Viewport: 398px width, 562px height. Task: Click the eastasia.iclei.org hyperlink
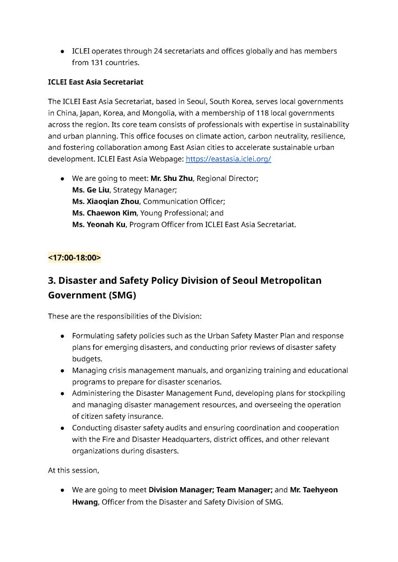[228, 159]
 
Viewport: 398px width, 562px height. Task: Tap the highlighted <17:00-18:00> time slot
[74, 258]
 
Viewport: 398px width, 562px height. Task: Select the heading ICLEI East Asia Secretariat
[96, 82]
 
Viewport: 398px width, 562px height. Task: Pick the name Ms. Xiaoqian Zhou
[105, 201]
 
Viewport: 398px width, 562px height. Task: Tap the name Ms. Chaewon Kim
[104, 213]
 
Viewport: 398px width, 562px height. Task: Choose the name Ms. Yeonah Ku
[99, 225]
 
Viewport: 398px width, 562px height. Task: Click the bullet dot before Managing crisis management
[62, 370]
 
